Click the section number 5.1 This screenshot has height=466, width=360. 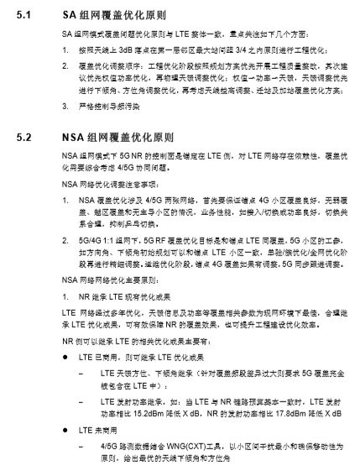tap(24, 16)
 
